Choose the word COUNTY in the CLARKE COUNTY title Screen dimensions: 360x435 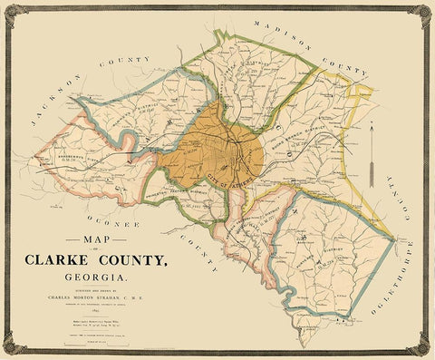click(131, 260)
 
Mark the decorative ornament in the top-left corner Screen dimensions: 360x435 click(11, 11)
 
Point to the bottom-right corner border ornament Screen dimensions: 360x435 click(423, 348)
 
